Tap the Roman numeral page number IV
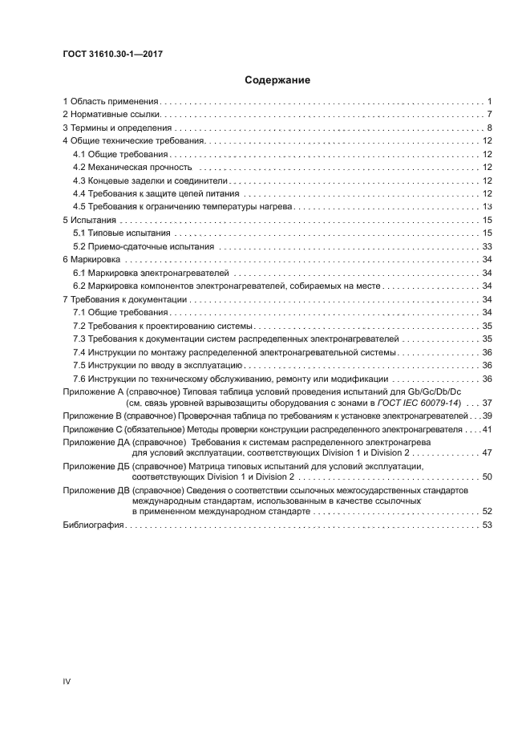67,680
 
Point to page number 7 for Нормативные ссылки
488,115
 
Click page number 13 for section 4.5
486,206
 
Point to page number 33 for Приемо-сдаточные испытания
486,245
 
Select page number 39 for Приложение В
486,416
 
